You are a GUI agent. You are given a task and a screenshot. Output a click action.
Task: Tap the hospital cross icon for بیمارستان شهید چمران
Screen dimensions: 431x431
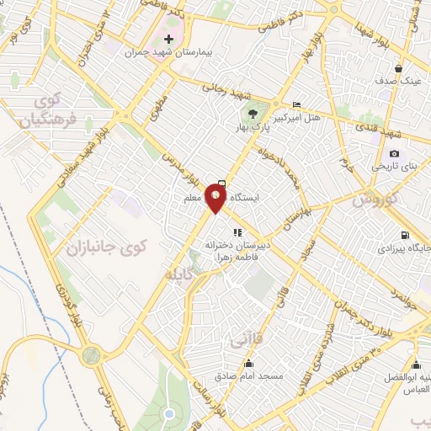click(x=169, y=40)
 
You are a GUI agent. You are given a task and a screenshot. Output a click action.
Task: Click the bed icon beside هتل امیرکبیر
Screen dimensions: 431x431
click(x=295, y=104)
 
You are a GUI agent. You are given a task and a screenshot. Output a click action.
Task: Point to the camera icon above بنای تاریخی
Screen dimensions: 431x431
click(x=395, y=153)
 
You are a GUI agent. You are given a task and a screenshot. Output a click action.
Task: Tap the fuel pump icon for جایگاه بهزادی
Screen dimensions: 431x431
click(x=407, y=235)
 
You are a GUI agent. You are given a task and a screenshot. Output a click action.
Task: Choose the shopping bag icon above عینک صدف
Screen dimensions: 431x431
click(x=398, y=69)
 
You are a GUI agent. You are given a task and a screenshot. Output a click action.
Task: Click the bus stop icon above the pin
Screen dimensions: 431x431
click(x=221, y=183)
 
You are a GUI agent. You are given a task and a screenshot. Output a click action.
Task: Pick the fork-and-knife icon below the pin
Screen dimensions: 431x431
click(x=238, y=231)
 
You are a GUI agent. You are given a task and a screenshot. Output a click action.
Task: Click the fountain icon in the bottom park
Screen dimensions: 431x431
click(x=168, y=413)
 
